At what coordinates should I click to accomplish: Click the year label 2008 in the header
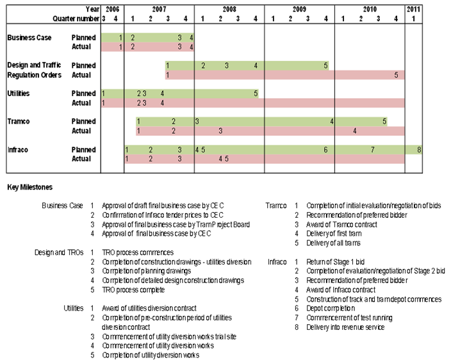click(229, 9)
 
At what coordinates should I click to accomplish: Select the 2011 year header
click(413, 9)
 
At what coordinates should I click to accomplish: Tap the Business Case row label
click(29, 38)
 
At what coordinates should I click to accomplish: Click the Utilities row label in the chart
click(19, 94)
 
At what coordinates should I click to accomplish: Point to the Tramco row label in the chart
click(19, 122)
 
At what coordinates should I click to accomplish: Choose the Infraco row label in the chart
click(19, 150)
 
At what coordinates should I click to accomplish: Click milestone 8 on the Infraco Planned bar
click(419, 150)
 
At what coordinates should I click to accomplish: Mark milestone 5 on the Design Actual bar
click(396, 75)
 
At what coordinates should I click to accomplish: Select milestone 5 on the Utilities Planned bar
click(256, 94)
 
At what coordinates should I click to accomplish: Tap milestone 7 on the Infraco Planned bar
click(372, 150)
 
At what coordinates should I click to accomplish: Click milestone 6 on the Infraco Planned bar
click(325, 150)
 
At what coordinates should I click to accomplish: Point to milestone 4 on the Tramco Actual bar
click(354, 131)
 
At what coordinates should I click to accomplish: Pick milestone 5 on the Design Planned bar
click(325, 65)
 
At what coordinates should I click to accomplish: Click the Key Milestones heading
click(30, 187)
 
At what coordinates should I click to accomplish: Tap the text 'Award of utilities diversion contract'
click(149, 308)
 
